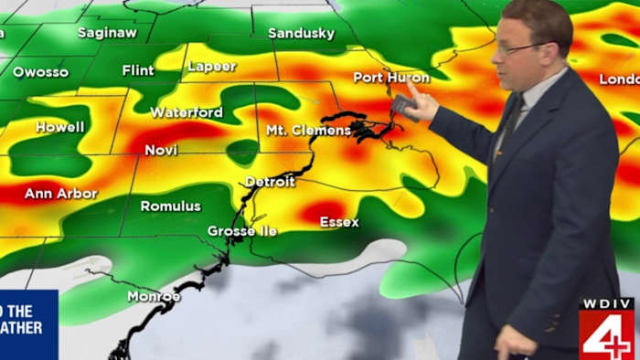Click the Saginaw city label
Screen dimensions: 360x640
pyautogui.click(x=106, y=33)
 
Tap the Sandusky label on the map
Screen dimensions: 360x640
pyautogui.click(x=301, y=34)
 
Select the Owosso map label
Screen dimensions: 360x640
pyautogui.click(x=40, y=71)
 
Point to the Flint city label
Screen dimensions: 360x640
pyautogui.click(x=138, y=70)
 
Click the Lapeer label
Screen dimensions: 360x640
pyautogui.click(x=211, y=67)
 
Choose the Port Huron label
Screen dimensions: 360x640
pyautogui.click(x=390, y=78)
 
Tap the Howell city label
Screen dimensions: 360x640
pyautogui.click(x=59, y=127)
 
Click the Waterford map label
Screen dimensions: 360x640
pyautogui.click(x=186, y=112)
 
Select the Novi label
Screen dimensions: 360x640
pyautogui.click(x=161, y=149)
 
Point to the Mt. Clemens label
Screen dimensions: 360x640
pyautogui.click(x=308, y=131)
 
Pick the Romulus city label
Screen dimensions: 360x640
pyautogui.click(x=170, y=206)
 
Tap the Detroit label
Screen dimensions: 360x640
pyautogui.click(x=270, y=182)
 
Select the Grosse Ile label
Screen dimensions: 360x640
pyautogui.click(x=243, y=231)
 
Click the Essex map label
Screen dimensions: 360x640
pyautogui.click(x=339, y=222)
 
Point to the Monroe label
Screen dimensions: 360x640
pyautogui.click(x=154, y=296)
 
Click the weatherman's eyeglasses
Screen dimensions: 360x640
pyautogui.click(x=517, y=47)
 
